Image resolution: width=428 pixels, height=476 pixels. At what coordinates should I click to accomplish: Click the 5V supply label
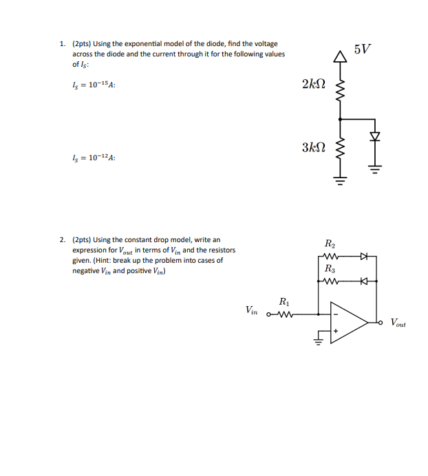(x=362, y=50)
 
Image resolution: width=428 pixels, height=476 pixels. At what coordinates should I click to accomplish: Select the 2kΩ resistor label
(x=313, y=84)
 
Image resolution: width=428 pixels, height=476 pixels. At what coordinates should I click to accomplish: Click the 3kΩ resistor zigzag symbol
(x=339, y=148)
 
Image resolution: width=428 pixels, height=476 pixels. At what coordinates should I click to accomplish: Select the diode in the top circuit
(x=374, y=136)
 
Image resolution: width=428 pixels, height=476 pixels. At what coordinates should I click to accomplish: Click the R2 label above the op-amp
(x=330, y=244)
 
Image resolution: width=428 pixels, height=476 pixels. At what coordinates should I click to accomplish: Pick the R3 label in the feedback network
(x=330, y=268)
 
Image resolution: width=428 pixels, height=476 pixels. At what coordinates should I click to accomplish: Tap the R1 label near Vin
(x=284, y=301)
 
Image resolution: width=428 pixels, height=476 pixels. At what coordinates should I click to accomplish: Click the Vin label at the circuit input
(x=251, y=311)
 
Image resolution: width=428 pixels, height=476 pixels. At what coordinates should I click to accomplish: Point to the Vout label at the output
(x=398, y=322)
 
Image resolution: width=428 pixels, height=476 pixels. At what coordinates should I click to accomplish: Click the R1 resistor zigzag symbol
(x=284, y=316)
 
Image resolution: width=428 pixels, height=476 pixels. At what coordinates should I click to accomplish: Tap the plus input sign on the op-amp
(x=336, y=332)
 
